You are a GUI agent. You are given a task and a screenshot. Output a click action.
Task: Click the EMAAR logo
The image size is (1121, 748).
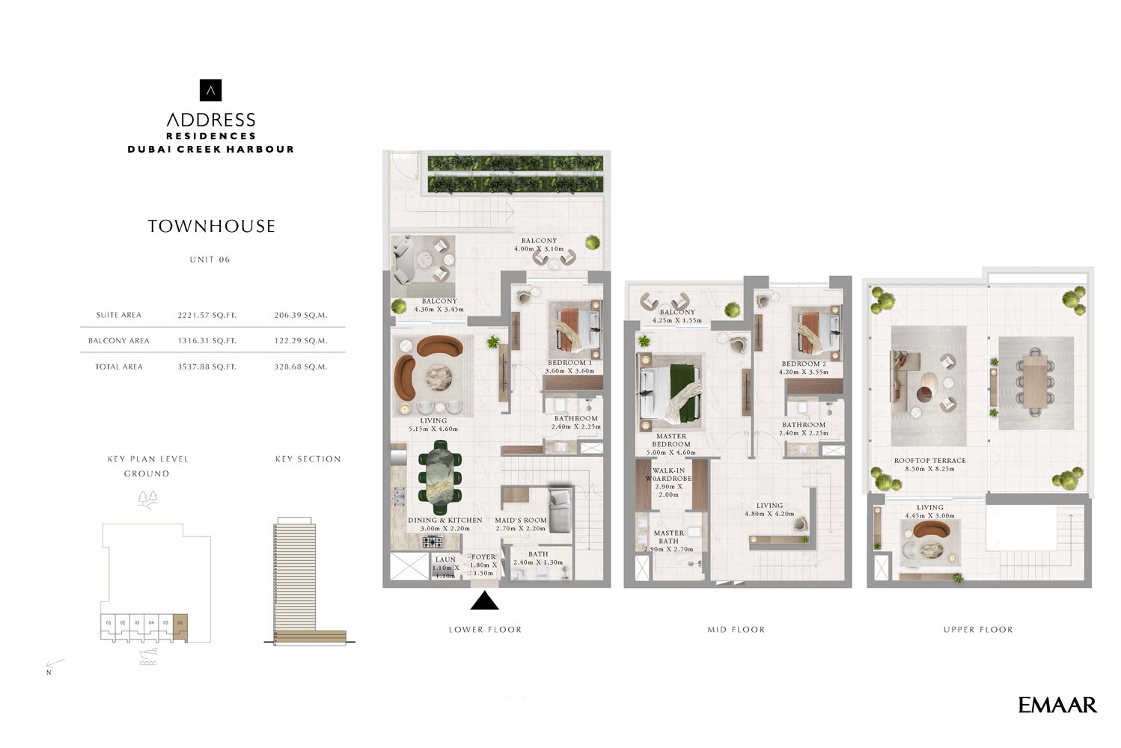1057,705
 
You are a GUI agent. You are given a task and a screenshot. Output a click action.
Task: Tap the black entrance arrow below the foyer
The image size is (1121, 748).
484,601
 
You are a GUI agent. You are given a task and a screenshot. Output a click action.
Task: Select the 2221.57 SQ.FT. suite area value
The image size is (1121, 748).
207,316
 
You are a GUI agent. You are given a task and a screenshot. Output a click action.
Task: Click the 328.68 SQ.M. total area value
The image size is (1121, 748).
300,367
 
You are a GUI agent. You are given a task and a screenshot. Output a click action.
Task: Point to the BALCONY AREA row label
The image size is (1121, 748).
119,341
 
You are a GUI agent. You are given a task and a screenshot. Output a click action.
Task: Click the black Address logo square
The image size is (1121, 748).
211,91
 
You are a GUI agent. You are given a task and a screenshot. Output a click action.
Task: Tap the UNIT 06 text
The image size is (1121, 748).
210,260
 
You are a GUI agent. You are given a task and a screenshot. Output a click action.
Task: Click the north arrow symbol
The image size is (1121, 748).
55,665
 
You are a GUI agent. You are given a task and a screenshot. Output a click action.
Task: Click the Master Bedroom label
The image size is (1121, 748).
671,440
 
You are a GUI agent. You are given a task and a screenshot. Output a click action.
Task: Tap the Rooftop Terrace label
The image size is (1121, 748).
929,465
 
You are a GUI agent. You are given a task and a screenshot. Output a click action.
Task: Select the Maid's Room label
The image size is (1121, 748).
520,524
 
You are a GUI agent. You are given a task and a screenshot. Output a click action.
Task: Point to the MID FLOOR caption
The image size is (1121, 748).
736,630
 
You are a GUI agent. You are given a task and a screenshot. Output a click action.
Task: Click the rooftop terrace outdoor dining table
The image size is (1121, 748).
1036,381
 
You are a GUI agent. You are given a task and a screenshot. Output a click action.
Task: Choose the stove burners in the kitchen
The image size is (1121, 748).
433,541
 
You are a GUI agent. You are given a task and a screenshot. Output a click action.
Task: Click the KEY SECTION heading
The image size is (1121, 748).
308,459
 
